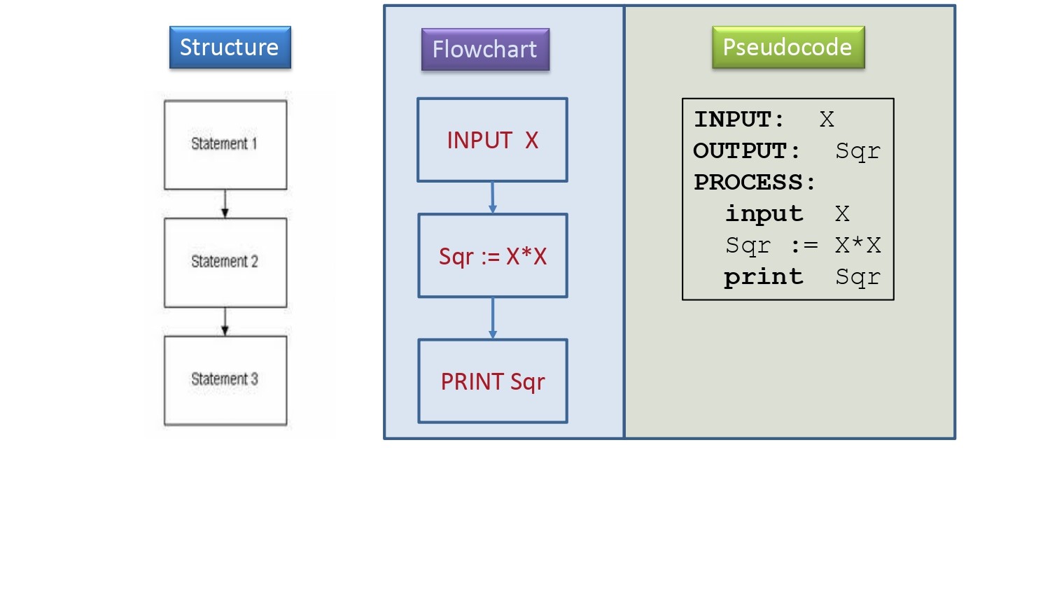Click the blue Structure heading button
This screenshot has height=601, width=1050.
(x=230, y=48)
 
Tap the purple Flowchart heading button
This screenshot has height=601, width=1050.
(x=485, y=49)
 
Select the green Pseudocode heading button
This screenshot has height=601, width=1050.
(x=788, y=48)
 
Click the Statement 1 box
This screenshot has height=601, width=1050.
(x=225, y=145)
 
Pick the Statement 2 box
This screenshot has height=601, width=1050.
(x=225, y=262)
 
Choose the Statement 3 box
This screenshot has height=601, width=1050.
(x=225, y=381)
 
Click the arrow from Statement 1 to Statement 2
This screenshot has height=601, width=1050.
(x=225, y=204)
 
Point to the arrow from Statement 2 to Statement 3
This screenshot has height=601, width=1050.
(x=225, y=322)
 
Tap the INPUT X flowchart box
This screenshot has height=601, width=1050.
(x=492, y=140)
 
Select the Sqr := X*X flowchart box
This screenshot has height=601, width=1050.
(x=493, y=256)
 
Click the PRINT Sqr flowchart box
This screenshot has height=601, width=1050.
(x=493, y=381)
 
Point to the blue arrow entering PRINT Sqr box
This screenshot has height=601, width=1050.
(x=493, y=318)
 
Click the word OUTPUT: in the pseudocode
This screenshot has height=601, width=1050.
(x=746, y=151)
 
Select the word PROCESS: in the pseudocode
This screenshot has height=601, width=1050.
(x=755, y=182)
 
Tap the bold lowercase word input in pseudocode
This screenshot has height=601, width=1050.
(x=764, y=214)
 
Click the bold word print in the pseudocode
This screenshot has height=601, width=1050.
(x=764, y=277)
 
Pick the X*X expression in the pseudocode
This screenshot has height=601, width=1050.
(x=857, y=245)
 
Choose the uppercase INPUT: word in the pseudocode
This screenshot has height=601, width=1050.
(x=738, y=120)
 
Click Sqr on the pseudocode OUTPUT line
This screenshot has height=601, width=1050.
(x=857, y=152)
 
